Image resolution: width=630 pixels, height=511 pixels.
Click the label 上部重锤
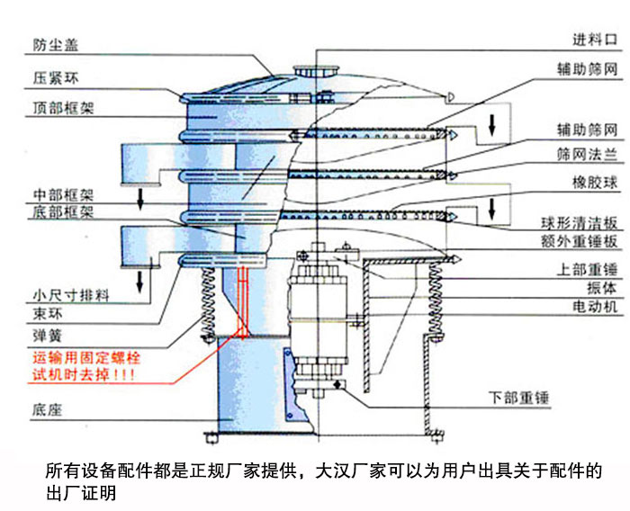coord(588,269)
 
